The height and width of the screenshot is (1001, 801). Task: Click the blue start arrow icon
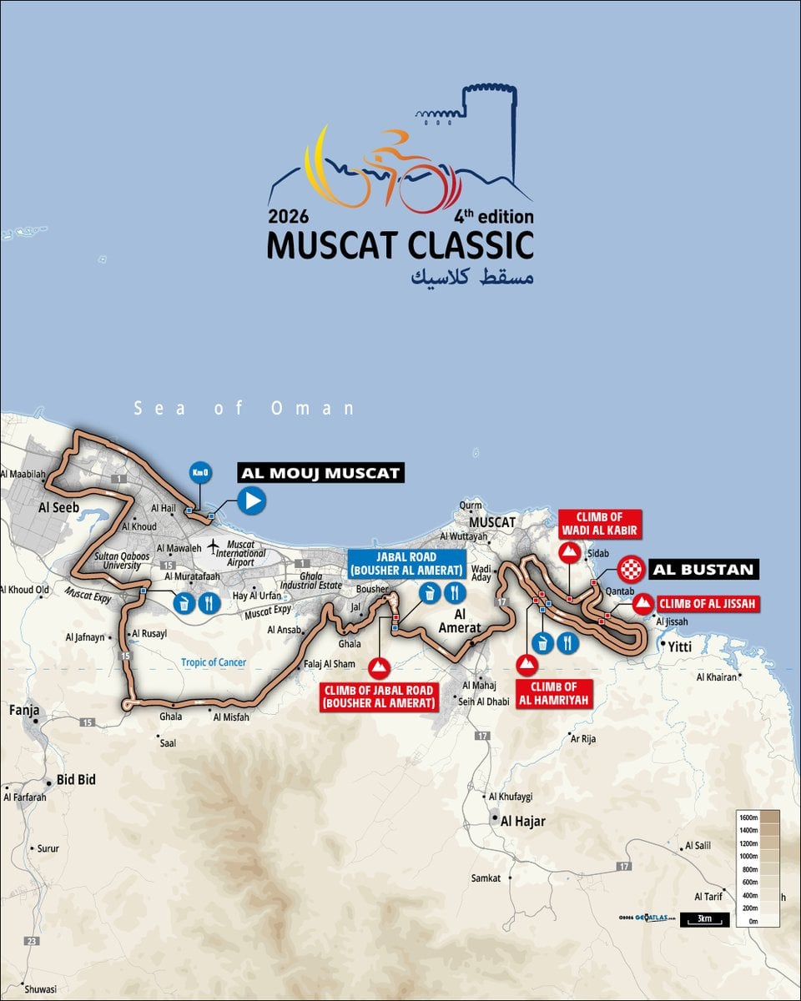click(x=251, y=500)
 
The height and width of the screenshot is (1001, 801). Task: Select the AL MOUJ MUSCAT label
click(x=321, y=473)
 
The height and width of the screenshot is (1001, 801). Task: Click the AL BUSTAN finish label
click(x=704, y=571)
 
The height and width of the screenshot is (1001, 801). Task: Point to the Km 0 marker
click(x=200, y=473)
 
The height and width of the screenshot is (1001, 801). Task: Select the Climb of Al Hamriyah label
click(x=554, y=692)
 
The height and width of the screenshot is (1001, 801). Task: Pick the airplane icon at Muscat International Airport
click(x=215, y=545)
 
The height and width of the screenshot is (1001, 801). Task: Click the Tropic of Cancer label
click(x=211, y=662)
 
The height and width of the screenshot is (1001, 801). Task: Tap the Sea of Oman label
click(x=244, y=409)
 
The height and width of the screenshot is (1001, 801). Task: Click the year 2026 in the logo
click(x=289, y=217)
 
